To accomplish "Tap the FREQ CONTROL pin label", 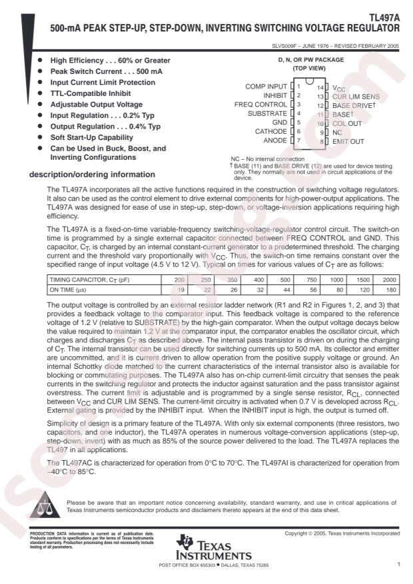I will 262,105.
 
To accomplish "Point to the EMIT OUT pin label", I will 348,141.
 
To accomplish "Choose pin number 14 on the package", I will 320,87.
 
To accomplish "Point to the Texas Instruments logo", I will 214,547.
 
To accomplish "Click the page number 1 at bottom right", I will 397,564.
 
